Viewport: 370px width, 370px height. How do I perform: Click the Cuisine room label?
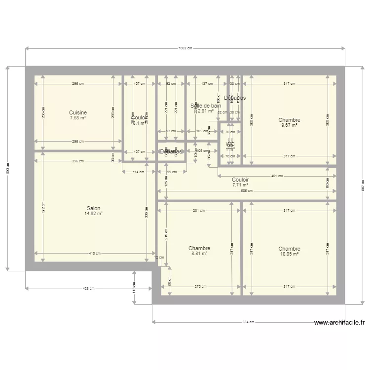pyautogui.click(x=78, y=113)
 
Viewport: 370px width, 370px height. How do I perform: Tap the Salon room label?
pyautogui.click(x=94, y=209)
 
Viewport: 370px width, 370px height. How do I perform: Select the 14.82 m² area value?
pyautogui.click(x=94, y=214)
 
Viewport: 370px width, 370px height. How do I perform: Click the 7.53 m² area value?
pyautogui.click(x=78, y=118)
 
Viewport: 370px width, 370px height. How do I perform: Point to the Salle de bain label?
pyautogui.click(x=206, y=106)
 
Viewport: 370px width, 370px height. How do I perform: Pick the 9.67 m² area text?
pyautogui.click(x=289, y=126)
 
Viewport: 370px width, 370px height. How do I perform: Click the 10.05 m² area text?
pyautogui.click(x=289, y=254)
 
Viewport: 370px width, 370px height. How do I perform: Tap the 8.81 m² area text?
pyautogui.click(x=199, y=254)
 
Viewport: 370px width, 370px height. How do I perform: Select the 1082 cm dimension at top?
pyautogui.click(x=185, y=48)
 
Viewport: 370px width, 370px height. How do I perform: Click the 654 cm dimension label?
pyautogui.click(x=248, y=322)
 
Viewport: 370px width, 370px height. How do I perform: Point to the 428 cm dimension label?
pyautogui.click(x=89, y=289)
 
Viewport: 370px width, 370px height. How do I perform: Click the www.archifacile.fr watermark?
pyautogui.click(x=339, y=323)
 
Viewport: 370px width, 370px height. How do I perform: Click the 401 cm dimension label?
pyautogui.click(x=277, y=176)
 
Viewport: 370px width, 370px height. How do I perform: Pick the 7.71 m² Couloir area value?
pyautogui.click(x=240, y=185)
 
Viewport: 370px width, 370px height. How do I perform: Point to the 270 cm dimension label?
pyautogui.click(x=200, y=287)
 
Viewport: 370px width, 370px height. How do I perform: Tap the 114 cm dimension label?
pyautogui.click(x=139, y=172)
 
